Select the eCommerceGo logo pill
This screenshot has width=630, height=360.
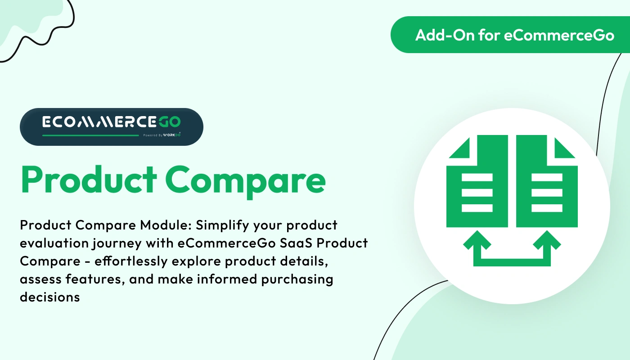click(x=111, y=126)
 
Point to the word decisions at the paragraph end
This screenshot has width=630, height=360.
click(x=50, y=297)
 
